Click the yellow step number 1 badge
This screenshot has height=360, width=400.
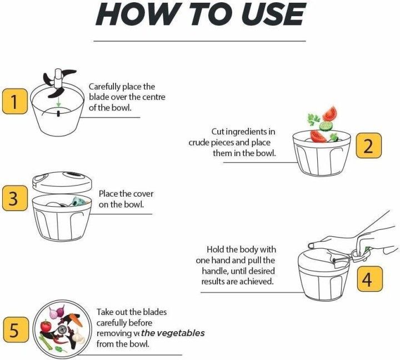click(15, 101)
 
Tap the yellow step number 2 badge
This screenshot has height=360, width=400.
click(369, 146)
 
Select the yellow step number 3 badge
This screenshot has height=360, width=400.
click(15, 198)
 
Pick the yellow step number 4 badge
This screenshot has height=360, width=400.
click(369, 279)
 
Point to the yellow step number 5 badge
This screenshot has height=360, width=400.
click(16, 329)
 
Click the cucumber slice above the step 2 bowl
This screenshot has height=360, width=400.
click(326, 126)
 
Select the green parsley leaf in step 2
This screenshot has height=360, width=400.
click(313, 119)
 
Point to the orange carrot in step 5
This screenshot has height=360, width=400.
click(77, 320)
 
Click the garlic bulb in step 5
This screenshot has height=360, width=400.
click(78, 337)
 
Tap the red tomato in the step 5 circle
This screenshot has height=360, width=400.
click(46, 326)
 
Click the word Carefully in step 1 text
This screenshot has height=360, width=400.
click(104, 87)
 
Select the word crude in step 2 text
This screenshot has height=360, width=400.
click(199, 143)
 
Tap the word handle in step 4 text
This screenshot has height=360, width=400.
click(215, 271)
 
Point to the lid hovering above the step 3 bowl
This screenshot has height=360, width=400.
click(62, 182)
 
